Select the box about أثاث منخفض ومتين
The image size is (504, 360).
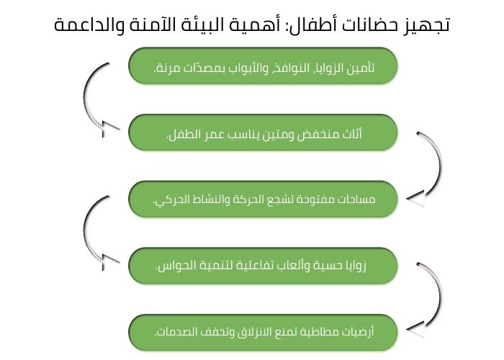(263, 132)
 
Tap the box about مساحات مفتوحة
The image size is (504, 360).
(263, 199)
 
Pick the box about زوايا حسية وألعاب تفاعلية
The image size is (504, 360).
(263, 266)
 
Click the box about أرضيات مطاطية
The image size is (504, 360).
(263, 333)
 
